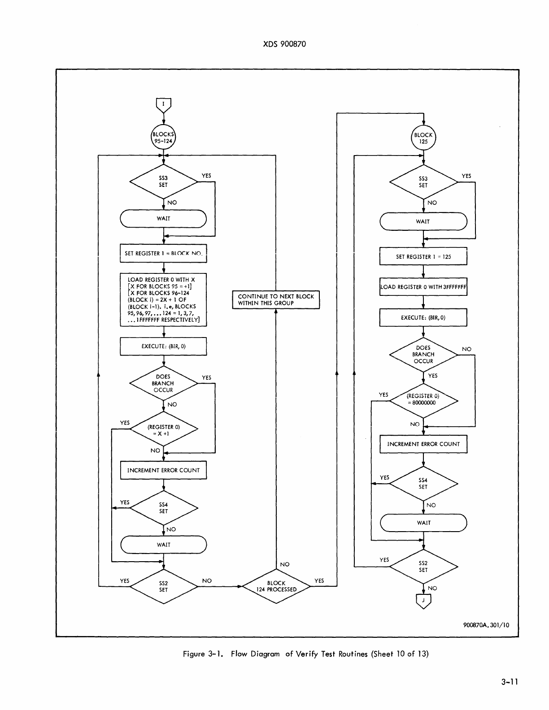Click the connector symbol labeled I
[x=163, y=104]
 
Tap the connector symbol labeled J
[x=423, y=601]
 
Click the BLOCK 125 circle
[x=423, y=138]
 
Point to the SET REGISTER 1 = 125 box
[x=423, y=257]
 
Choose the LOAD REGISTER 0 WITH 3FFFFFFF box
[x=423, y=287]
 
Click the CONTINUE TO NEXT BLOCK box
[x=276, y=300]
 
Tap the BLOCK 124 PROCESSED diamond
[x=276, y=586]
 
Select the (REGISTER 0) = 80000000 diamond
[x=423, y=400]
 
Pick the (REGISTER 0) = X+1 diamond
[x=163, y=430]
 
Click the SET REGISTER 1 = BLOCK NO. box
[x=163, y=253]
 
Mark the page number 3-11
[x=510, y=682]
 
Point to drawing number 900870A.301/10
[x=486, y=625]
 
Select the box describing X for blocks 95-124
[x=163, y=300]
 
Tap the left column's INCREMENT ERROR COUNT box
[x=163, y=470]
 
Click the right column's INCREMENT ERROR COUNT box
[x=423, y=444]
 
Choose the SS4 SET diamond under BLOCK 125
[x=423, y=484]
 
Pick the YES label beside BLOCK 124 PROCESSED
[x=319, y=581]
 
